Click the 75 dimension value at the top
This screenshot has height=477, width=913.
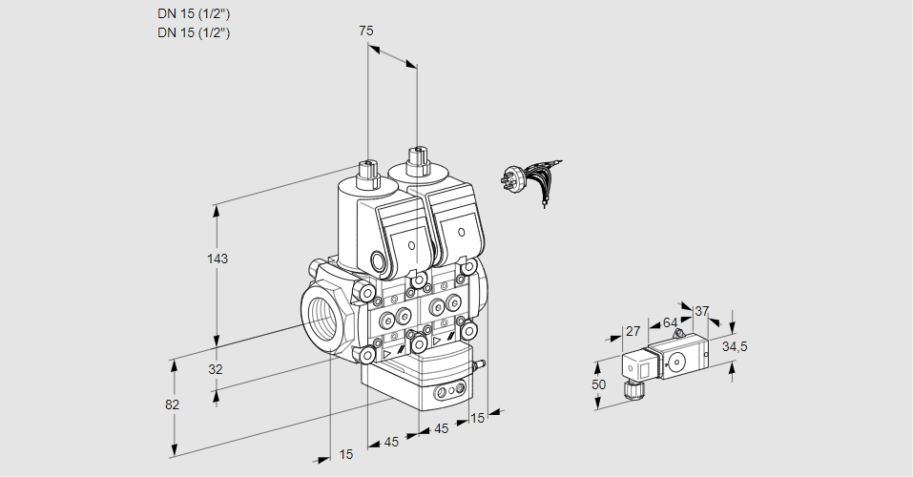365,31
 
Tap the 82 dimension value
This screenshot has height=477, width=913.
172,404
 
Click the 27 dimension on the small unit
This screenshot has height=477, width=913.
632,331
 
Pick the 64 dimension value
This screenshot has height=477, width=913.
670,322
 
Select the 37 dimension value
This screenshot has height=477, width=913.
702,311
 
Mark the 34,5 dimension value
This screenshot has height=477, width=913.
734,346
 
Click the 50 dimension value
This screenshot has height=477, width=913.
598,384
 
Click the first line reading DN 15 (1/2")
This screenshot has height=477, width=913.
194,14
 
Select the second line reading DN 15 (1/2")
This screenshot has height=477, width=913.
194,32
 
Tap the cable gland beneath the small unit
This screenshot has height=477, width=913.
630,387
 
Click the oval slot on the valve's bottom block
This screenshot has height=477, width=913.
448,392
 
